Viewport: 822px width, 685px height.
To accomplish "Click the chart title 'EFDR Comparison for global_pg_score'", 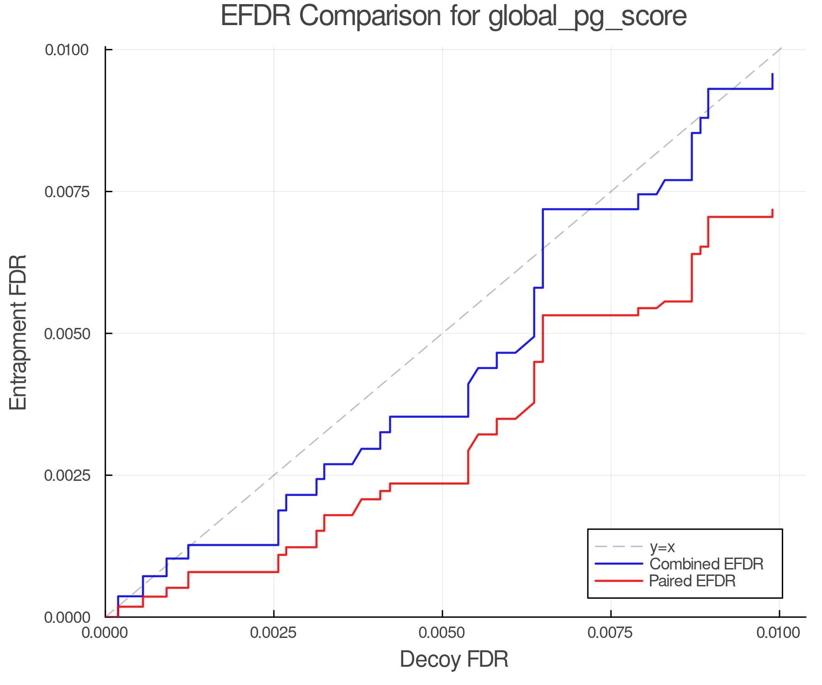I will (453, 16).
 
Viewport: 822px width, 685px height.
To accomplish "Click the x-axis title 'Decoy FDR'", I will (454, 659).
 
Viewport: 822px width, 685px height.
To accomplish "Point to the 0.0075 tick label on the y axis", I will (66, 191).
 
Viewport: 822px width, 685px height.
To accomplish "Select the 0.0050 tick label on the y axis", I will (66, 333).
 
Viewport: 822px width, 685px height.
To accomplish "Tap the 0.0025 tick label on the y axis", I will (66, 475).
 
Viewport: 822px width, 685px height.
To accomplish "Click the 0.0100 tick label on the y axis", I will (66, 49).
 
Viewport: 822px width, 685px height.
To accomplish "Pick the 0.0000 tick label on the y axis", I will (66, 617).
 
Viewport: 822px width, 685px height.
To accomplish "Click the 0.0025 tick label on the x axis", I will (274, 633).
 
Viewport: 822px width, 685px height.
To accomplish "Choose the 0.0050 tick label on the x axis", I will (442, 633).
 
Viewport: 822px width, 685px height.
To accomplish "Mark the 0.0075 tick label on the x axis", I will (611, 633).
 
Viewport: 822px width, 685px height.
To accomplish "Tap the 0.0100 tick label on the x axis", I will (779, 633).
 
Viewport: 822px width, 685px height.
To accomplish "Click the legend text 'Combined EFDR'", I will (706, 564).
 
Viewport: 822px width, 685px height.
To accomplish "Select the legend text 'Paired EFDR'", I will (692, 581).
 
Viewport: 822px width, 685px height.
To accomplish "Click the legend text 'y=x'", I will (662, 547).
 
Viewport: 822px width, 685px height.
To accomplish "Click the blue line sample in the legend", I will (619, 564).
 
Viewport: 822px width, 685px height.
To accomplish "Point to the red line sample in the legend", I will (619, 581).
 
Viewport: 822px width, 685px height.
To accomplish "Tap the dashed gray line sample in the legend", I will (619, 547).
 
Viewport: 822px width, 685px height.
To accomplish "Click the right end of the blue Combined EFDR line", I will (772, 74).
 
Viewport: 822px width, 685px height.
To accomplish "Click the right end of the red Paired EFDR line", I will (772, 210).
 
